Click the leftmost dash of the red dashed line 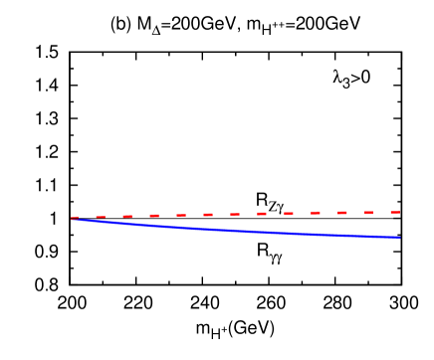point(75,217)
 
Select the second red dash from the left point(101,217)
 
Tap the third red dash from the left point(127,216)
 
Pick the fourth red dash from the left point(154,216)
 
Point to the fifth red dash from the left point(181,215)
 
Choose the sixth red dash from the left point(208,215)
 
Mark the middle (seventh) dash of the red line point(235,214)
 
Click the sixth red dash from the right point(262,214)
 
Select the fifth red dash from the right point(289,213)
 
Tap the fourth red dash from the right point(316,213)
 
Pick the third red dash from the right point(342,213)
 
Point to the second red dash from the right point(369,212)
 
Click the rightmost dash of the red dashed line point(396,212)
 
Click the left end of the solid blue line point(73,219)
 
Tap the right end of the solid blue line point(400,237)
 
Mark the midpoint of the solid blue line point(236,228)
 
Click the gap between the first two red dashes point(88,217)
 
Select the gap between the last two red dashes point(383,212)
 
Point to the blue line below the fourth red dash point(154,224)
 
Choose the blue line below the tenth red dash point(316,232)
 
